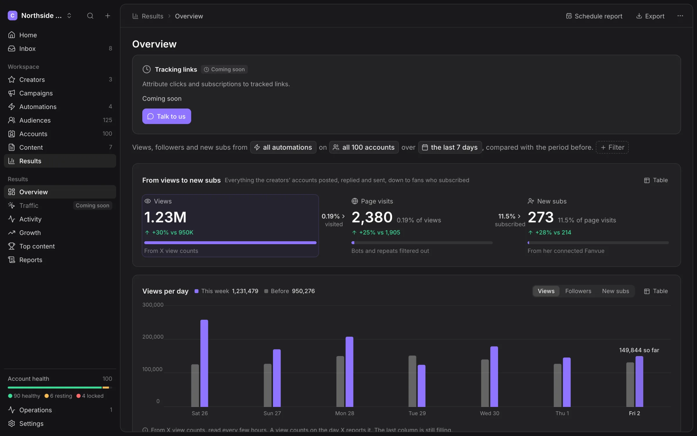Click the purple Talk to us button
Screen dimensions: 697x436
click(166, 116)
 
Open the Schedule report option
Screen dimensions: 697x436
click(594, 16)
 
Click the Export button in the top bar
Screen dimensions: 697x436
click(650, 16)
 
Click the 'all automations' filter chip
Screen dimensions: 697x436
click(283, 147)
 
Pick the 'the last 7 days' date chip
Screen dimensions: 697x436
click(450, 147)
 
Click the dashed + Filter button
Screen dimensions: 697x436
click(612, 147)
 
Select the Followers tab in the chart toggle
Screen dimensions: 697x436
click(578, 291)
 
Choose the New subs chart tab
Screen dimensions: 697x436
click(615, 291)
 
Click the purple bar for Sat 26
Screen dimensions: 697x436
click(204, 363)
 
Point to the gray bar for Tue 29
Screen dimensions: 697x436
click(412, 381)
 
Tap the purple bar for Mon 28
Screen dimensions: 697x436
click(349, 372)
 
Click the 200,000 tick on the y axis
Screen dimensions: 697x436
click(153, 337)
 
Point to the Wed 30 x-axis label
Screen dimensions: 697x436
click(489, 413)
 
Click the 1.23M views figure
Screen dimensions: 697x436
click(165, 217)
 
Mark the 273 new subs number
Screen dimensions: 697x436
click(540, 217)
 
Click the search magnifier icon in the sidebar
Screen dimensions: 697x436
click(90, 16)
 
